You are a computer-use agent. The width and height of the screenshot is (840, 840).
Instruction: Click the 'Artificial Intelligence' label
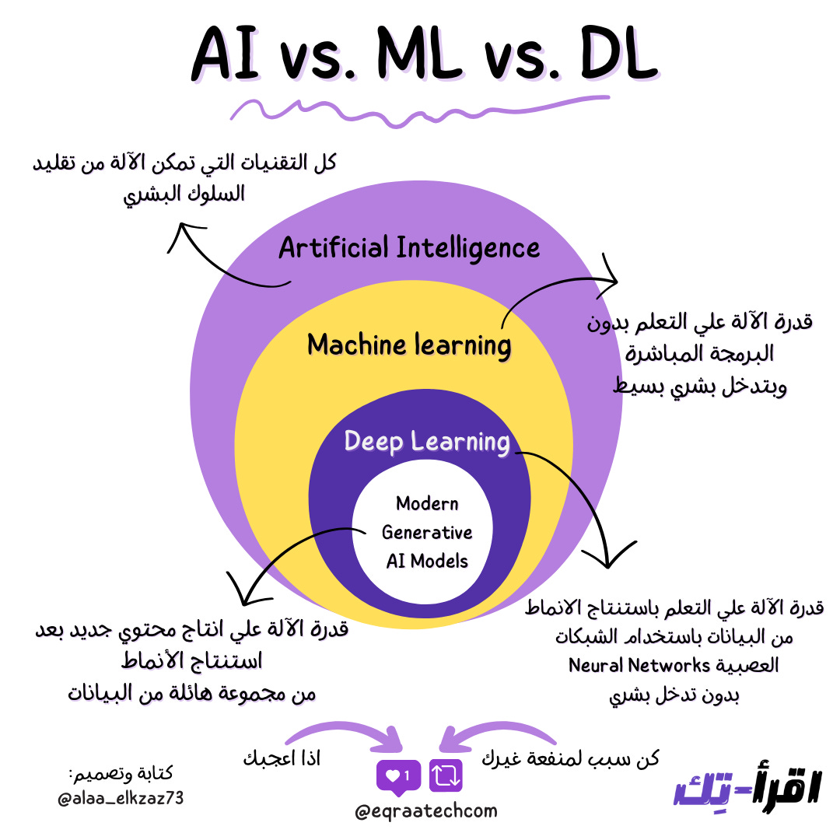click(x=409, y=249)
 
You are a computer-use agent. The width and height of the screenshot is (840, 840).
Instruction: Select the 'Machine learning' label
click(x=409, y=345)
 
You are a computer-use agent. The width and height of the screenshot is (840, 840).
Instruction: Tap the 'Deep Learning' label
click(x=427, y=442)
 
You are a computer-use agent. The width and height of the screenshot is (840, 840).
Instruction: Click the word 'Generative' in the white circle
click(x=427, y=532)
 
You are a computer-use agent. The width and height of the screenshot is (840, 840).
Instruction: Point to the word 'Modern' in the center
click(x=427, y=503)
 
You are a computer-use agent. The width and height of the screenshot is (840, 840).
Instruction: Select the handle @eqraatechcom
click(x=425, y=812)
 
